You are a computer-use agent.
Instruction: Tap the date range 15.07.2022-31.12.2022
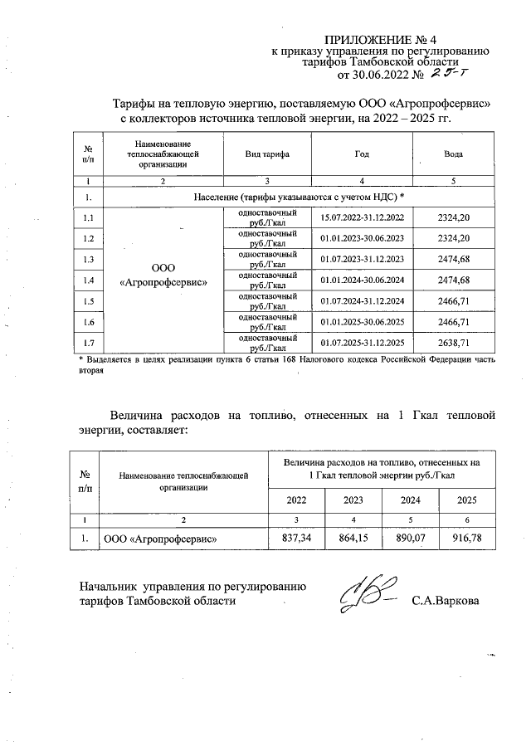[x=362, y=217]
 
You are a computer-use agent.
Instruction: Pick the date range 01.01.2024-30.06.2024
[x=362, y=280]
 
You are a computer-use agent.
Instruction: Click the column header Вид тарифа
[x=266, y=156]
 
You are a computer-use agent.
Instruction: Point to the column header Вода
[x=453, y=156]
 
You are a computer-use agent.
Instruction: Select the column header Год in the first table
[x=362, y=156]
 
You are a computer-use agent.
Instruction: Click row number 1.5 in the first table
[x=89, y=300]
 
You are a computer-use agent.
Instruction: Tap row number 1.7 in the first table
[x=89, y=343]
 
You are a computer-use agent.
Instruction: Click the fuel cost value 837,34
[x=295, y=539]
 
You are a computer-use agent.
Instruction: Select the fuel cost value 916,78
[x=465, y=539]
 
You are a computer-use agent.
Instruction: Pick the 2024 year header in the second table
[x=410, y=500]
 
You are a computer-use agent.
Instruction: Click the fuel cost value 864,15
[x=353, y=539]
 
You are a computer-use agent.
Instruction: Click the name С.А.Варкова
[x=446, y=600]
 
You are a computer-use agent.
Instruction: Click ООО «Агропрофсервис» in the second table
[x=160, y=539]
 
